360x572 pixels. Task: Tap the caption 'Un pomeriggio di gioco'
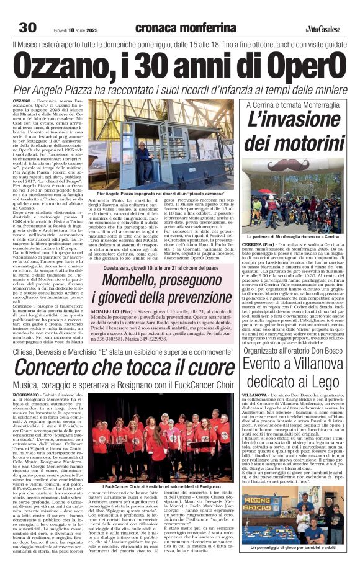pyautogui.click(x=294, y=548)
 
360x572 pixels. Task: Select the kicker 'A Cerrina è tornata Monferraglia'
pyautogui.click(x=294, y=106)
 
